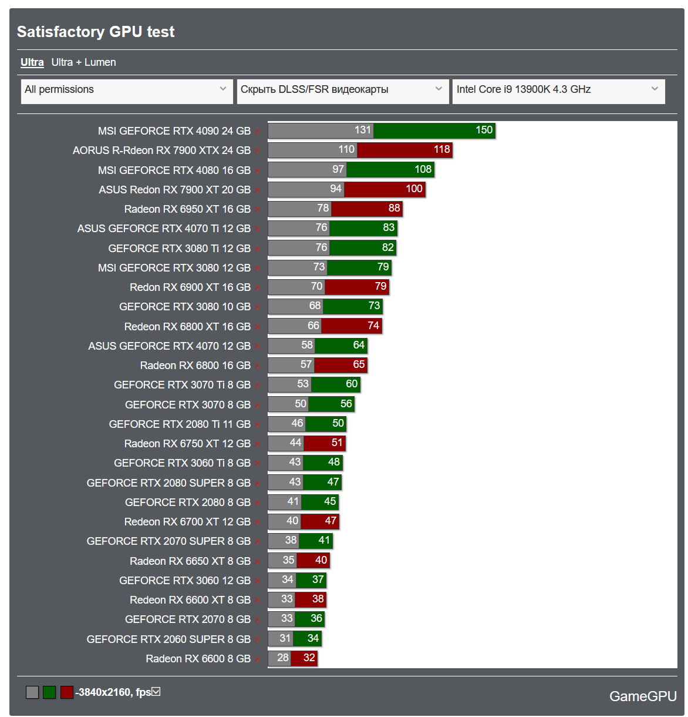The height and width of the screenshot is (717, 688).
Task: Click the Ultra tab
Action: pos(32,62)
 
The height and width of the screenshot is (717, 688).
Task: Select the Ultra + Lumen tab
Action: pos(83,62)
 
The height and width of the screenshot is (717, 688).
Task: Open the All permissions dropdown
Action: pos(125,90)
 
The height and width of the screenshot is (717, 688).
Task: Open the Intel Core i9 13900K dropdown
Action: pos(558,90)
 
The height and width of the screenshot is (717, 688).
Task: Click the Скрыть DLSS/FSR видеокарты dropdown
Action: pos(342,90)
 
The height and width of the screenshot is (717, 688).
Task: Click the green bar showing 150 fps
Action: pos(434,130)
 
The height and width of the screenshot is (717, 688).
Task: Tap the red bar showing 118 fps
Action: pos(404,150)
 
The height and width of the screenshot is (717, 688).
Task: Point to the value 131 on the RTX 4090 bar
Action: pos(363,130)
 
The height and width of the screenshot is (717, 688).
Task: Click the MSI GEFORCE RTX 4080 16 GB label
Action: pos(174,170)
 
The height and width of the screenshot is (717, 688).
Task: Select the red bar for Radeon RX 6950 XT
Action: pos(366,209)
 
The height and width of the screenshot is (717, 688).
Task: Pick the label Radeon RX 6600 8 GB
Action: pos(198,659)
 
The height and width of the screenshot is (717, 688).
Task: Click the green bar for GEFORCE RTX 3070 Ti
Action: pos(335,384)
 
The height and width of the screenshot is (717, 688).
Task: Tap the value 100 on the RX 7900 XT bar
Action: pos(414,189)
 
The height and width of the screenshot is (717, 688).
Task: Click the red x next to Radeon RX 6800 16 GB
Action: pos(257,366)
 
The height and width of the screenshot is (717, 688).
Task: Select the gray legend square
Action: pos(32,692)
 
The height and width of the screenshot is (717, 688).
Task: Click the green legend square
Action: pos(49,692)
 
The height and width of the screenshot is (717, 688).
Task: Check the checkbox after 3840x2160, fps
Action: pos(156,692)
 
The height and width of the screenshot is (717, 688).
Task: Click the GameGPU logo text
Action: pos(643,696)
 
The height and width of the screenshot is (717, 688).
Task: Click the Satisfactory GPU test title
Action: pos(96,32)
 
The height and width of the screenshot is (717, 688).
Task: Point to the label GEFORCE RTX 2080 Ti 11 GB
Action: pos(180,424)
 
